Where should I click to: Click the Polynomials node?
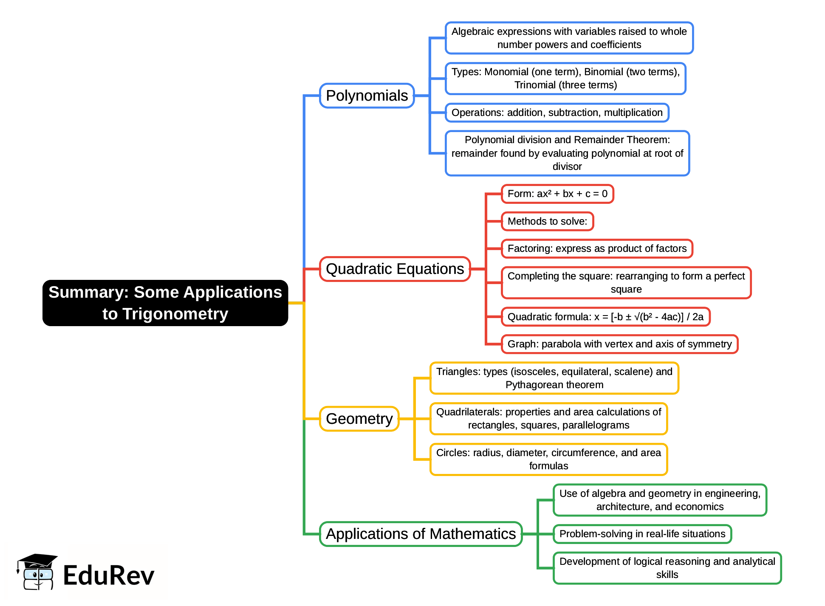(x=367, y=96)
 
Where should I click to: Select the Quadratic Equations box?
(x=395, y=269)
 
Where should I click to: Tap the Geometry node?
(x=359, y=419)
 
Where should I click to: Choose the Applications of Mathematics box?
(x=421, y=534)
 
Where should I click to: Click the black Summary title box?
(x=165, y=303)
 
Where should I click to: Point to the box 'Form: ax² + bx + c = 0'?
(x=557, y=194)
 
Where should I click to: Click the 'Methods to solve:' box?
(x=547, y=221)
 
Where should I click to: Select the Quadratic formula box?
(x=605, y=317)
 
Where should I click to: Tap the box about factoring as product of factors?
(x=597, y=248)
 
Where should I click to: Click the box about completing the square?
(x=626, y=283)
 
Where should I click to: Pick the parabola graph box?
(x=619, y=344)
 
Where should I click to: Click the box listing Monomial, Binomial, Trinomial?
(x=565, y=79)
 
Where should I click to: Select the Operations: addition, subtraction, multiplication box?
(x=557, y=113)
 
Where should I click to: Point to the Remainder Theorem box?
(x=567, y=153)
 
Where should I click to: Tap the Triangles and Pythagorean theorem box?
(x=554, y=378)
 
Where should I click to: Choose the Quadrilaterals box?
(x=548, y=419)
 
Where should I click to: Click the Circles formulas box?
(x=548, y=459)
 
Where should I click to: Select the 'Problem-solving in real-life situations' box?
(x=642, y=534)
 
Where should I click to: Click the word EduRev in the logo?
(x=109, y=575)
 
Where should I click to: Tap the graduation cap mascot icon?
(x=37, y=572)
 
